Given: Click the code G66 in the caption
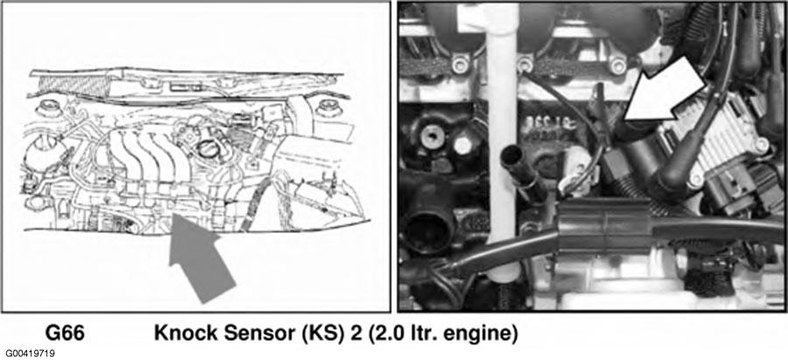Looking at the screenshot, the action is click(x=65, y=334).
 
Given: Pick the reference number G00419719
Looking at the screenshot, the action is click(x=30, y=354).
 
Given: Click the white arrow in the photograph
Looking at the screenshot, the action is click(x=664, y=91).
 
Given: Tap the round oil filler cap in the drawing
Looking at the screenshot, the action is click(x=207, y=148).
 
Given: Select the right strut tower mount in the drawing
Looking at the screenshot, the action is click(x=329, y=108).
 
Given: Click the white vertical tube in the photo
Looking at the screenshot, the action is click(x=501, y=141).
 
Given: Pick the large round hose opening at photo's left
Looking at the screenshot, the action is click(x=426, y=229).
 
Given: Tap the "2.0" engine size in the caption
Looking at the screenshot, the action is click(x=389, y=334).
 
